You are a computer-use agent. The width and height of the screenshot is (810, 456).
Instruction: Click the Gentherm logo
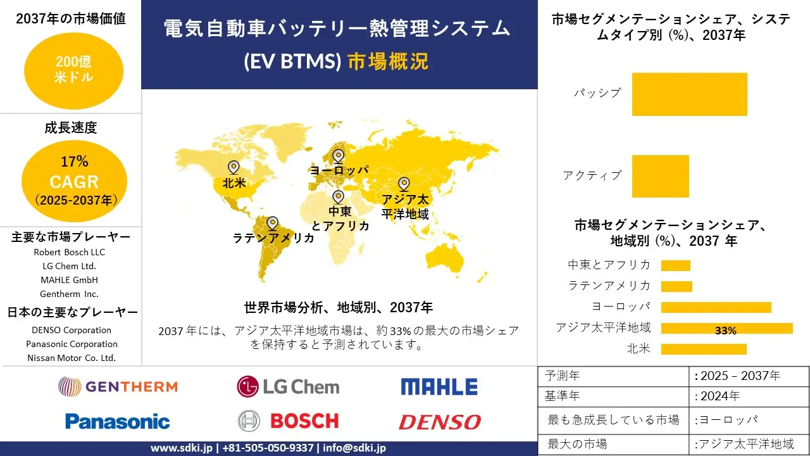[118, 386]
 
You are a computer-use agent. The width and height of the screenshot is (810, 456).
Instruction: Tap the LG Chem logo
[288, 386]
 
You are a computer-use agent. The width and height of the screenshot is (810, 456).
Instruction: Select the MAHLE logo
[439, 386]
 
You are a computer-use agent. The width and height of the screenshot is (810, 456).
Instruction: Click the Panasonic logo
[118, 421]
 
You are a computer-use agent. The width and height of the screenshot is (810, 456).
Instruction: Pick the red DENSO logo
[440, 422]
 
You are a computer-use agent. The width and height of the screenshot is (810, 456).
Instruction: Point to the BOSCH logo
[288, 421]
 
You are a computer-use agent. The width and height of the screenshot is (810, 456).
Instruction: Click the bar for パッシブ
[690, 94]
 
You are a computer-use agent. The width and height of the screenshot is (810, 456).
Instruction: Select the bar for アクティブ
[660, 176]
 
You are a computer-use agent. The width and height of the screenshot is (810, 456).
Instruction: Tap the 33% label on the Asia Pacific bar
[726, 331]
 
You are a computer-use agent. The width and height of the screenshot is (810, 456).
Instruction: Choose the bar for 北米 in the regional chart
[704, 349]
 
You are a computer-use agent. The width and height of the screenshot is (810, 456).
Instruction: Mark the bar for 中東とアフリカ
[675, 265]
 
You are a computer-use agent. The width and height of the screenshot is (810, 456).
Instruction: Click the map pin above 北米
[234, 168]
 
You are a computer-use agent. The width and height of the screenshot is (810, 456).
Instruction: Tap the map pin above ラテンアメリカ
[272, 224]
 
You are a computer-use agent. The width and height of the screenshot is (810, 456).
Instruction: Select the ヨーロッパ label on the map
[340, 170]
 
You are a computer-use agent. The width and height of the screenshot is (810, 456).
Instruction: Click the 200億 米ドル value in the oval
[74, 70]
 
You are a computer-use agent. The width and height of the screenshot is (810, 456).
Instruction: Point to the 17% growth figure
[75, 161]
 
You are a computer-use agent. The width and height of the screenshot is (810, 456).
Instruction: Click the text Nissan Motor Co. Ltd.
[72, 358]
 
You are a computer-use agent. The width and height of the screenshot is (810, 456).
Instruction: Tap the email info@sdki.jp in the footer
[354, 448]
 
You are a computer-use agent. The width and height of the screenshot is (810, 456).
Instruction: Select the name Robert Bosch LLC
[70, 252]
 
